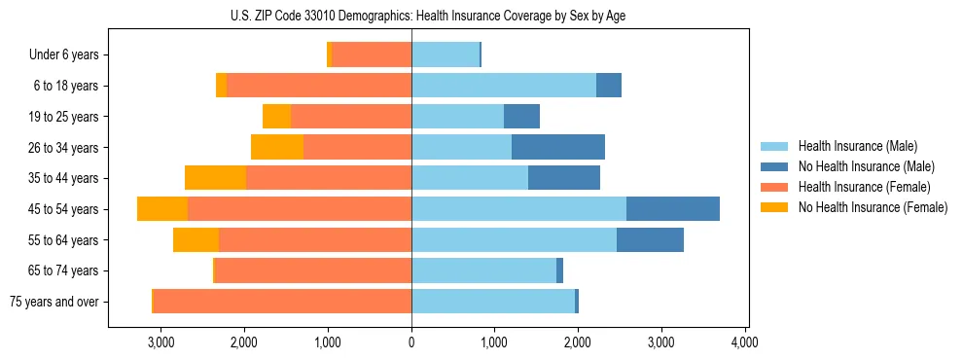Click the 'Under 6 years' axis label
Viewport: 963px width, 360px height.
pos(64,55)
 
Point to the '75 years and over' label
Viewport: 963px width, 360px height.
pos(54,302)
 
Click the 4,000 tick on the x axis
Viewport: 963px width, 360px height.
pos(745,342)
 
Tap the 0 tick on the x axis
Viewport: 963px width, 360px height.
pos(411,342)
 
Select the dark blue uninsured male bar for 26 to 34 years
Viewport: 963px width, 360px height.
pos(557,148)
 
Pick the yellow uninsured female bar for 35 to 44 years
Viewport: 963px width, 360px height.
pos(215,178)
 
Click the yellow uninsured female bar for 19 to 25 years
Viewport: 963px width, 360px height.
pos(276,117)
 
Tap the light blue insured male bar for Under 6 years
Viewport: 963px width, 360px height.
pos(446,55)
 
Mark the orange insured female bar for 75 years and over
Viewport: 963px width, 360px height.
pos(282,302)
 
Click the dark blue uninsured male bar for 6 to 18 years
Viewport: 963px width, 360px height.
pos(608,86)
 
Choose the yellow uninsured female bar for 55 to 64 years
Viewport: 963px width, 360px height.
pos(196,240)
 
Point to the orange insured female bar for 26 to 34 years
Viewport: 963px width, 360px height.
pos(357,148)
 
